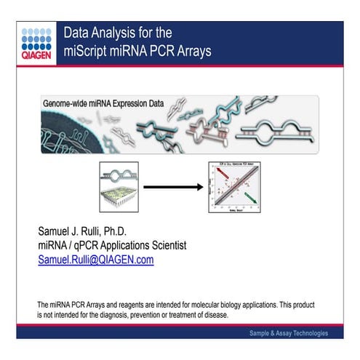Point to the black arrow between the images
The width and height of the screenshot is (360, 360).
pyautogui.click(x=172, y=186)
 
